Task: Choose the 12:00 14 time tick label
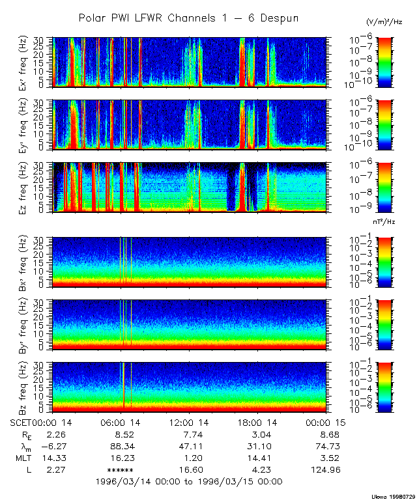189,423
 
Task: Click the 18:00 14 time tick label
257,423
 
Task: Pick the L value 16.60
189,469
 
